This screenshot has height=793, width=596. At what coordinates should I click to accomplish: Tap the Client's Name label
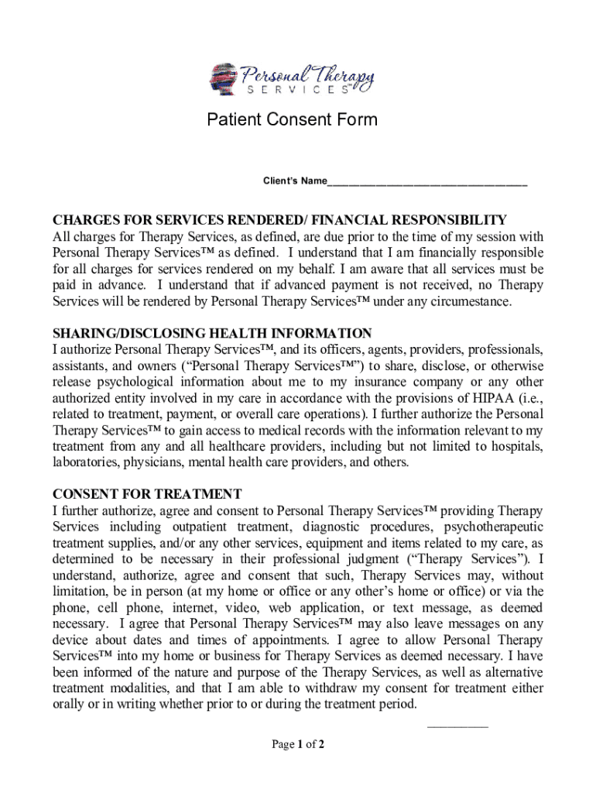(294, 181)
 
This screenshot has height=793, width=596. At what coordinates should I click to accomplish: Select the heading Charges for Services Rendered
(279, 220)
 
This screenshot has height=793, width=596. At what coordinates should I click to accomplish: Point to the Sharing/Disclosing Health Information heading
(211, 334)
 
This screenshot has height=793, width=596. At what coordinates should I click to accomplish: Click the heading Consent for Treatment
(147, 494)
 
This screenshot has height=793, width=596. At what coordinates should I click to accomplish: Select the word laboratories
(87, 462)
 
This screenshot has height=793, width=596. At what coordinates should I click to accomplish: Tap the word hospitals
(518, 446)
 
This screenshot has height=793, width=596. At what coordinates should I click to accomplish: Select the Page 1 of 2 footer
(297, 745)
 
